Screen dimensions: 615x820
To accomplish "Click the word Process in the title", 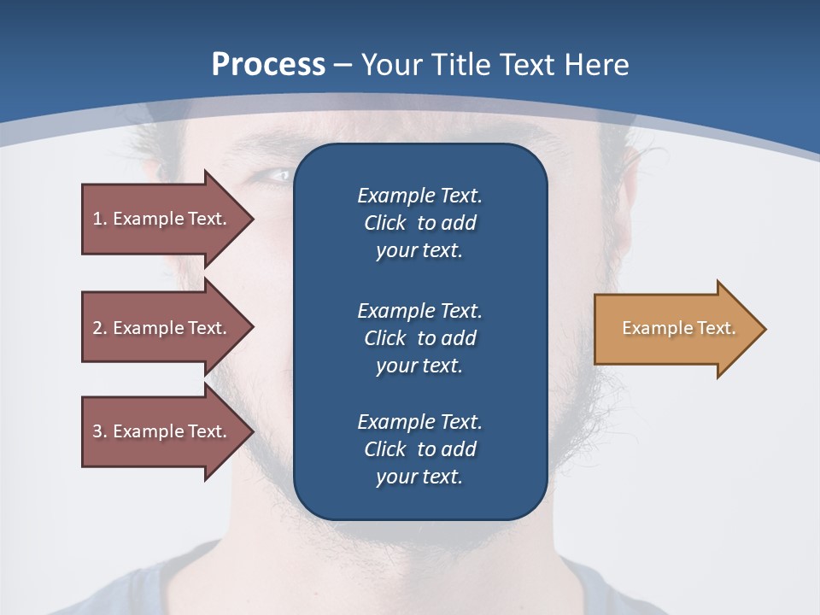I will coord(268,64).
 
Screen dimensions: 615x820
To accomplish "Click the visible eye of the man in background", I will coord(273,175).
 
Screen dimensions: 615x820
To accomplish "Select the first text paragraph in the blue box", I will coord(419,223).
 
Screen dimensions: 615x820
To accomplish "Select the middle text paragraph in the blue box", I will coord(419,337).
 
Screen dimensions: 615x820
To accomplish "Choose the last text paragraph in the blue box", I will coord(419,449).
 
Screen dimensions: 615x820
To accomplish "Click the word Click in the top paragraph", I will coord(384,223).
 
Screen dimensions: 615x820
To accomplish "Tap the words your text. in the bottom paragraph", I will coord(419,477).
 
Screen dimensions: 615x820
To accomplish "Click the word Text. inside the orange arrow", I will coord(717,328).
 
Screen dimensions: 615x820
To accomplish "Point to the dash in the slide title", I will coord(343,65).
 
